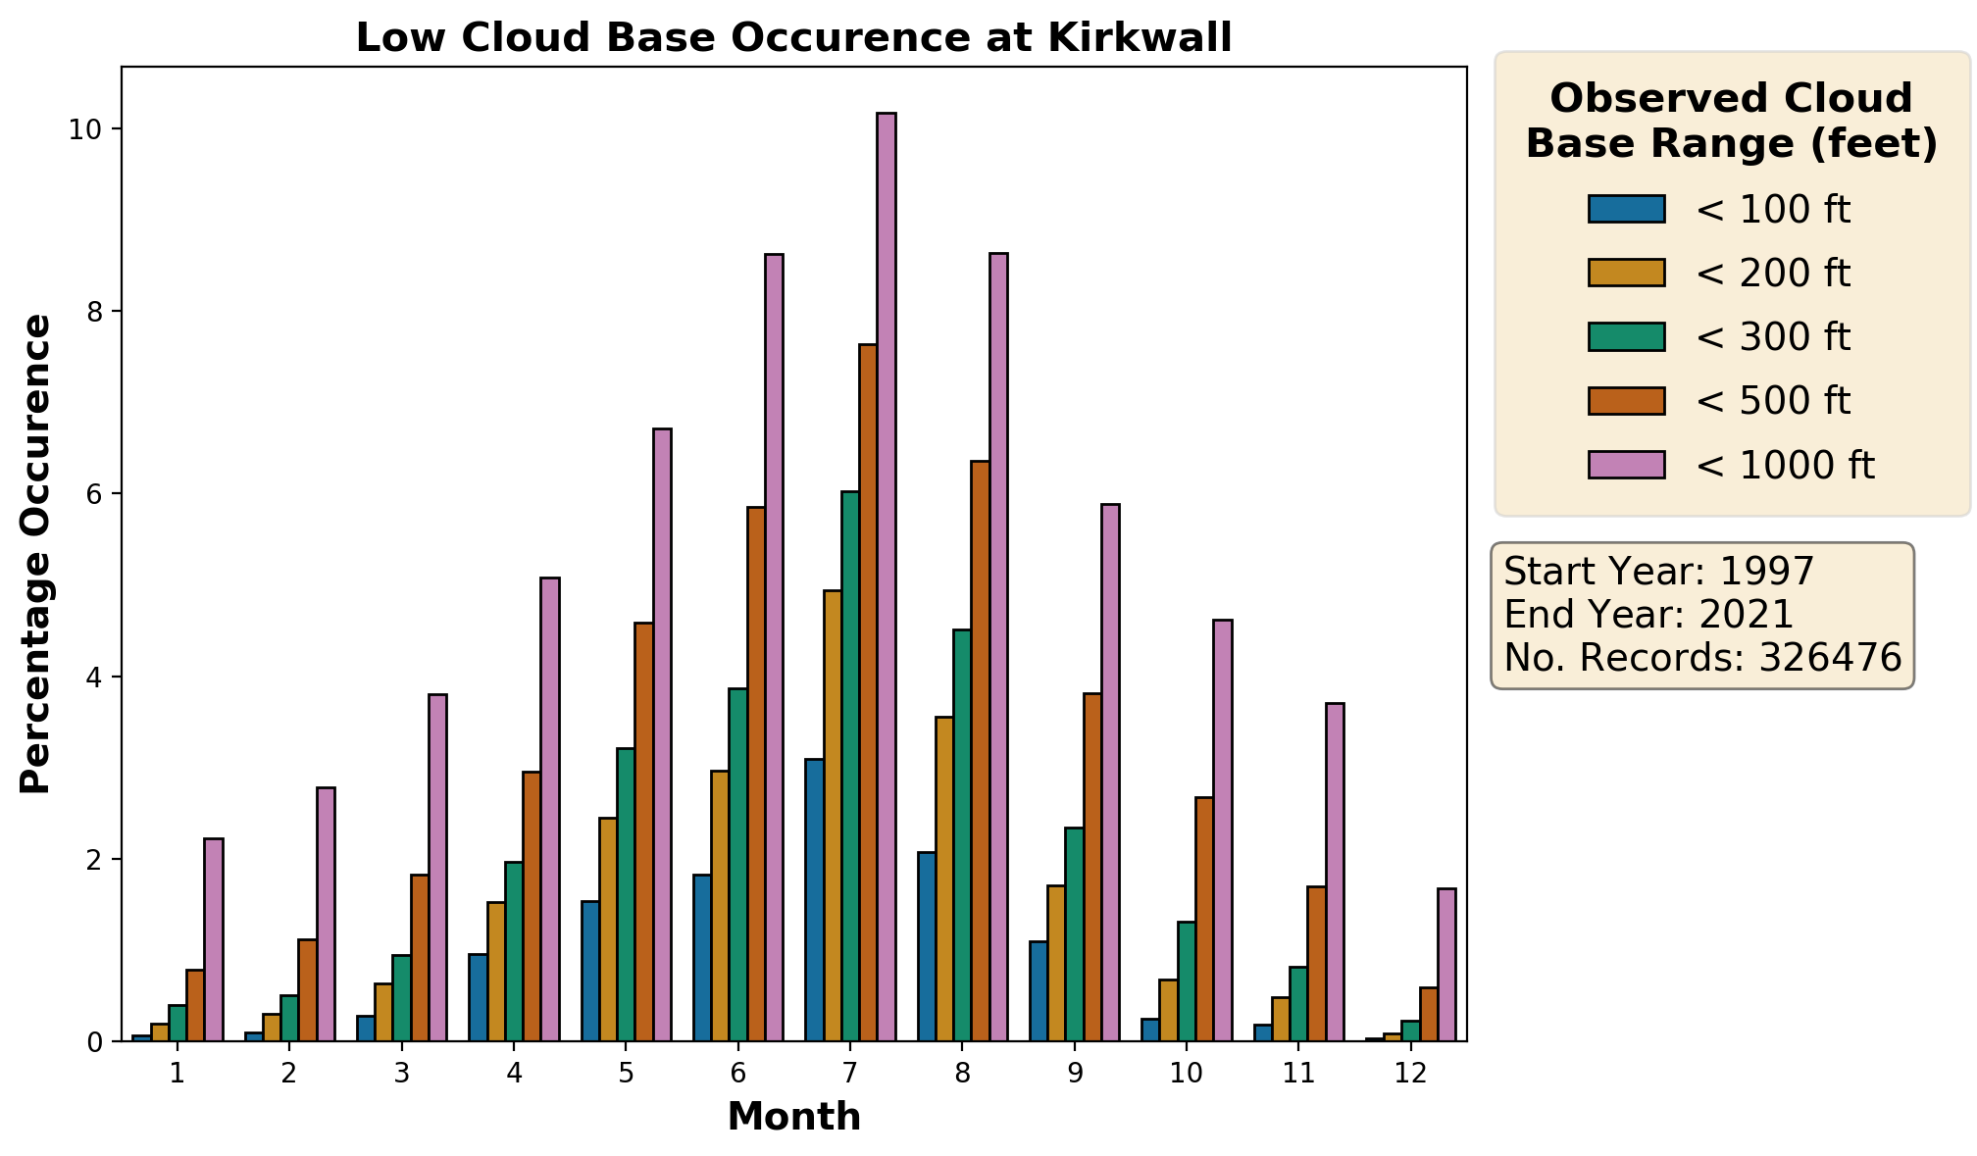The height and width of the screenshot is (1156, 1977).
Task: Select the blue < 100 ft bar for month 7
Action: [814, 900]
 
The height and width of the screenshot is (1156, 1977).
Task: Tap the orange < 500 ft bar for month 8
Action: [980, 751]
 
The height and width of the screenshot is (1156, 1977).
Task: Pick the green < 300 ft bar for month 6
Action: [737, 865]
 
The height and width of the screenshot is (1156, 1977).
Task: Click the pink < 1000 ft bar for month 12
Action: [1446, 965]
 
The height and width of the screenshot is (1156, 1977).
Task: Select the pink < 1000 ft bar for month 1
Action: [214, 939]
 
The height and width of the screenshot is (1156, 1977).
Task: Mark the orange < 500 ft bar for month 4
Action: [532, 906]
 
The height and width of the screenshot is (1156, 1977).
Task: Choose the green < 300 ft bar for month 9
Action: [1074, 934]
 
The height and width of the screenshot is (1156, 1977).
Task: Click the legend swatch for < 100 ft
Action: [1626, 209]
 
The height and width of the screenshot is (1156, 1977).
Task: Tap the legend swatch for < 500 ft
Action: [1626, 401]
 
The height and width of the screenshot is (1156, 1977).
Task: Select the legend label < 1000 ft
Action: [1784, 466]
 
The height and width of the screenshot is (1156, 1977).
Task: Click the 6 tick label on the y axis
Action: [94, 494]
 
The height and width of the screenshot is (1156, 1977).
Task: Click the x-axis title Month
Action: [794, 1117]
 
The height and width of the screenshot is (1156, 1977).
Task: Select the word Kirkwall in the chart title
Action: [1140, 37]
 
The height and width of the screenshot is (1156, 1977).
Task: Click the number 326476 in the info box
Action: [1830, 657]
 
